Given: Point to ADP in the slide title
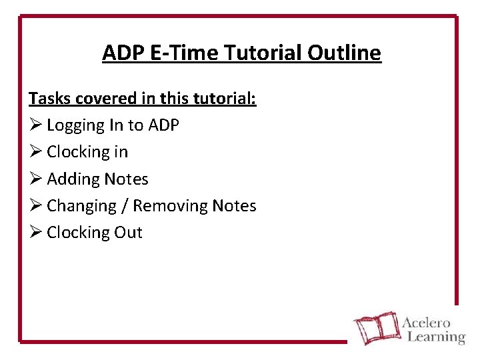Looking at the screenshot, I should pyautogui.click(x=124, y=52).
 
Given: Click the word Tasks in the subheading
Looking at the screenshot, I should pyautogui.click(x=49, y=99).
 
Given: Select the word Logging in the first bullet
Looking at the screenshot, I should pyautogui.click(x=76, y=125).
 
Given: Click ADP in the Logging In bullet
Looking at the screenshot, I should pyautogui.click(x=164, y=125).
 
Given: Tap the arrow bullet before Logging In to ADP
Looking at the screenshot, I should pyautogui.click(x=35, y=125).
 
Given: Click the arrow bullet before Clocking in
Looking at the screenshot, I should pyautogui.click(x=35, y=152).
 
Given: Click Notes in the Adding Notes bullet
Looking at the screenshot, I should pyautogui.click(x=125, y=179).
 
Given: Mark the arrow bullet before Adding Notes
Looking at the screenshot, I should pyautogui.click(x=35, y=179).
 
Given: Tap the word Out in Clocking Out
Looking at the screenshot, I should pyautogui.click(x=129, y=233).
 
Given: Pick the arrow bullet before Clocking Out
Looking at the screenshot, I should pyautogui.click(x=35, y=233).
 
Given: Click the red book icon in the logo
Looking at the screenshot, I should pyautogui.click(x=375, y=329).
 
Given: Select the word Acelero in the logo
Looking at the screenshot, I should pyautogui.click(x=427, y=322).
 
